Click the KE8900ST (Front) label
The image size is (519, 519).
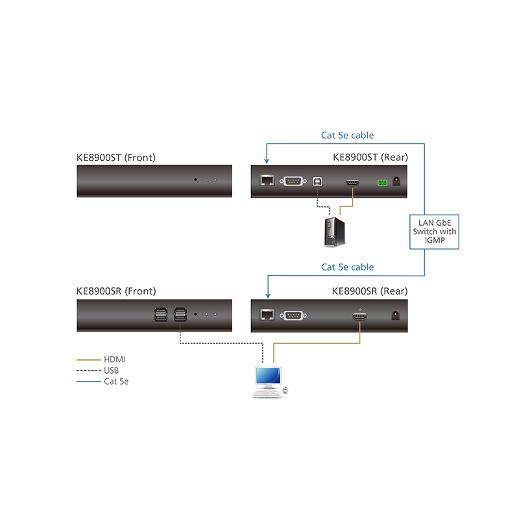116,157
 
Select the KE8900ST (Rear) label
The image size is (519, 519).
370,157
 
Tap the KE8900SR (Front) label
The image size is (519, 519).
116,291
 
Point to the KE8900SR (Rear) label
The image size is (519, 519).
370,291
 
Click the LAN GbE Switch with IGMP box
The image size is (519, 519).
434,232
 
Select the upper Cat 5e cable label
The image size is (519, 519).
348,136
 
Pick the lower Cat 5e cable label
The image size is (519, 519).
348,267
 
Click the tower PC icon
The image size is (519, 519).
335,232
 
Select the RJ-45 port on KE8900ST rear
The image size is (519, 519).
266,182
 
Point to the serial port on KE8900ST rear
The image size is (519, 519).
293,182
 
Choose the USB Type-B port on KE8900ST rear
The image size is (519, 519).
317,182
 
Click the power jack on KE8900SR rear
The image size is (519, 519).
393,316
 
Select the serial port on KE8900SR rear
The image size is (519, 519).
293,316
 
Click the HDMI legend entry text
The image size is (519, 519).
114,359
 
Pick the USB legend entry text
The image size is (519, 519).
112,370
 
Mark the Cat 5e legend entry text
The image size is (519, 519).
116,381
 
